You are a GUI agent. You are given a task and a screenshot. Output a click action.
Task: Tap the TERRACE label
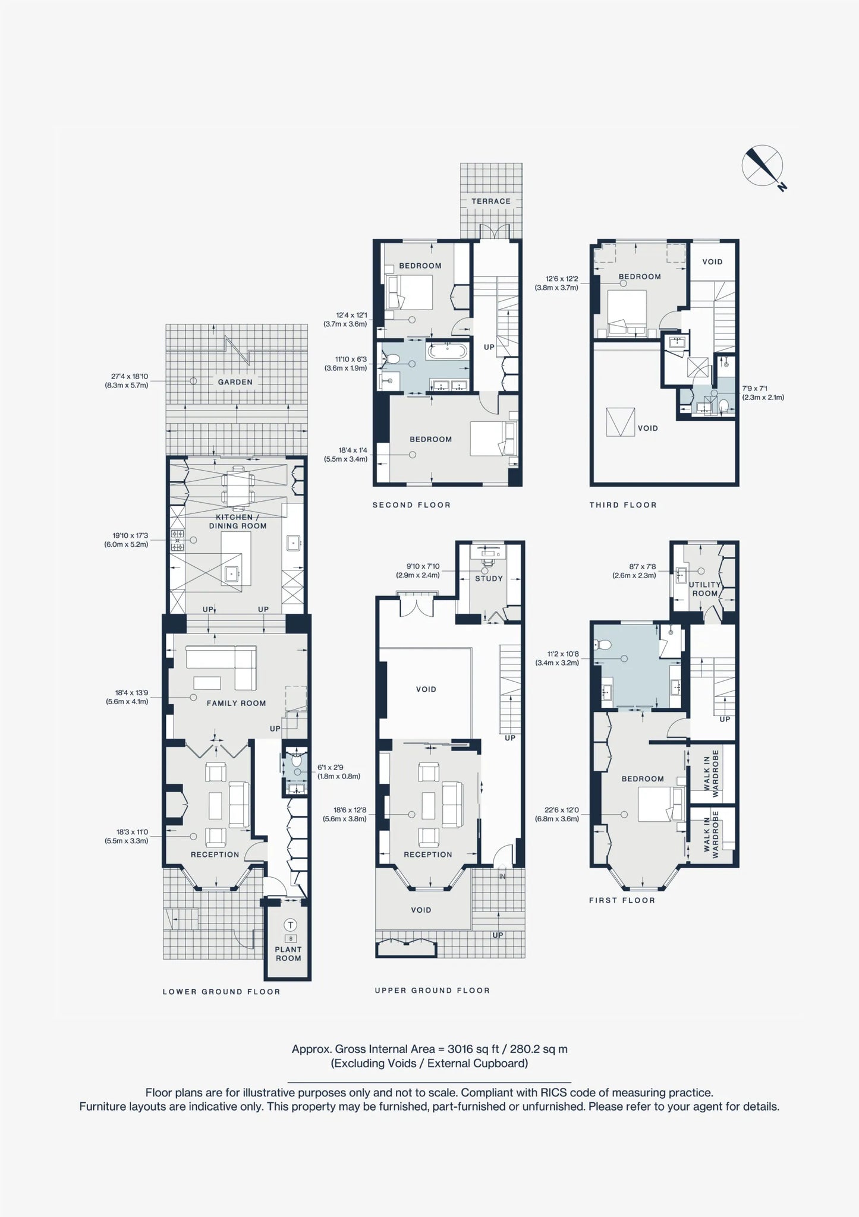pos(491,201)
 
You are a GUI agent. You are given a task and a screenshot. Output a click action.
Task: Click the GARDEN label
pos(235,382)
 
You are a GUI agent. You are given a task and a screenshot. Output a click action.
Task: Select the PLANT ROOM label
pos(288,954)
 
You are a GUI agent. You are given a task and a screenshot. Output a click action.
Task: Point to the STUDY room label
pos(489,578)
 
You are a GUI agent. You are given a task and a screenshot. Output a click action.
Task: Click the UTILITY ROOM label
pos(705,589)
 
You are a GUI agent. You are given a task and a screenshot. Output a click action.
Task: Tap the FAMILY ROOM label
pos(237,703)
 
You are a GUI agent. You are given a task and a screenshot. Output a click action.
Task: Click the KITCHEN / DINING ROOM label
pos(238,521)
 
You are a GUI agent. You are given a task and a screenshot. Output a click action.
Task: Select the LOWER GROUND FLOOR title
pos(222,992)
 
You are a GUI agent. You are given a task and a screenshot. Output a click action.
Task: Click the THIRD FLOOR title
pos(623,505)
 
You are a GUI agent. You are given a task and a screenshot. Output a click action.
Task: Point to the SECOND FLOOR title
pos(411,505)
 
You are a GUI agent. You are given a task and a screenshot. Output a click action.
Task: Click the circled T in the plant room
pos(291,925)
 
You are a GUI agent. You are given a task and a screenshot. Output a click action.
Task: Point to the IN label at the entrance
pos(502,877)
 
